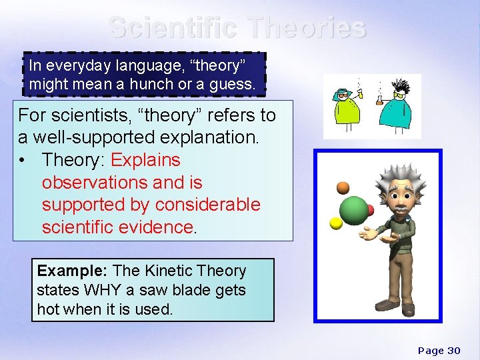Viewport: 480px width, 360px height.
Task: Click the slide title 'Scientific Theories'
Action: click(237, 28)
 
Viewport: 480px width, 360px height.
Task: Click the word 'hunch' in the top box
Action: click(166, 85)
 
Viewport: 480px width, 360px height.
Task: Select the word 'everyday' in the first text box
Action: click(73, 66)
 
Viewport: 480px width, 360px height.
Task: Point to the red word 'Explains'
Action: click(145, 160)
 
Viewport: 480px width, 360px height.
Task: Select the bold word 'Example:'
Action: click(72, 271)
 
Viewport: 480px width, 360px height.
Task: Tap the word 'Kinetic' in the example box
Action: click(173, 271)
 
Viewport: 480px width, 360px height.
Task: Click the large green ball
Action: click(353, 211)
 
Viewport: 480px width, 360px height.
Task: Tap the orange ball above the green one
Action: click(343, 187)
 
